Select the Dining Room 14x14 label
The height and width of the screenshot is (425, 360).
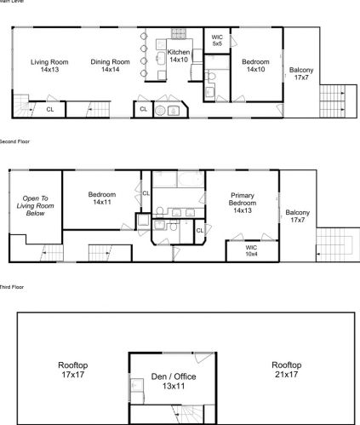pos(110,66)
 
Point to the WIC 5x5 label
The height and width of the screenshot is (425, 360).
pos(216,40)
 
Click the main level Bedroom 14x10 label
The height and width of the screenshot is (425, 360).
pos(255,66)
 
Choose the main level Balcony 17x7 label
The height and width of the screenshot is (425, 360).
pos(301,73)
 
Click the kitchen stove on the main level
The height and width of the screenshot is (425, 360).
pos(180,35)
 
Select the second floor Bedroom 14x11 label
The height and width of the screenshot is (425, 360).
pos(102,198)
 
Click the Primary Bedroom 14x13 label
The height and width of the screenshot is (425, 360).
pos(243,201)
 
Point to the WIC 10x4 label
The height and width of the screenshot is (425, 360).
pos(251,250)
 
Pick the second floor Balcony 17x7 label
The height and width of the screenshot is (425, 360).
pos(298,216)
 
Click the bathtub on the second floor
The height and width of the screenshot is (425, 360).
pos(179,180)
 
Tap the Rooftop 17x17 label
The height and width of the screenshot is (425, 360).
pos(72,370)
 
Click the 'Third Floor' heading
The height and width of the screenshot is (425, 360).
pos(11,288)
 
